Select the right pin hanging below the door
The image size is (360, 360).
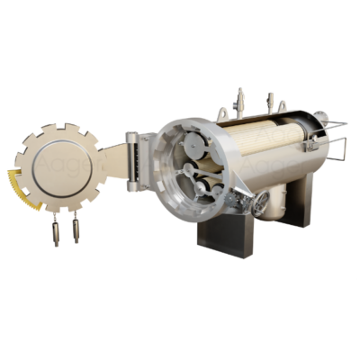(x=76, y=230)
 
